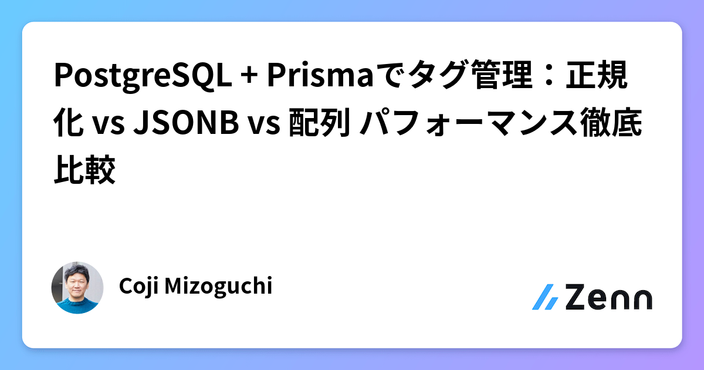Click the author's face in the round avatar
[78, 283]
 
